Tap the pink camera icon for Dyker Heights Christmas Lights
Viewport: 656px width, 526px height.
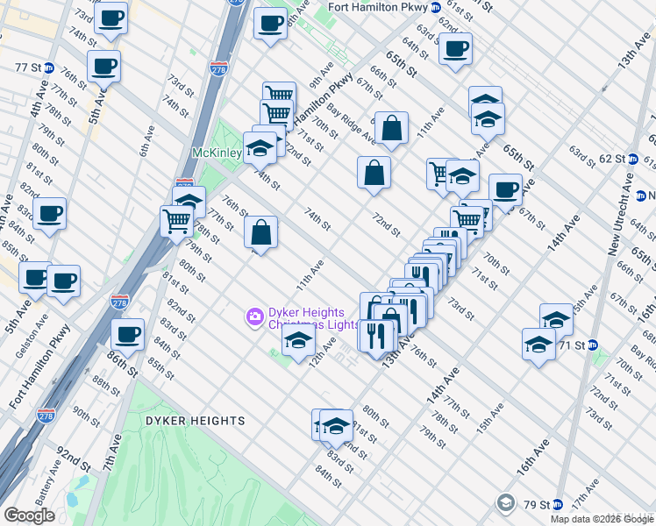click(254, 315)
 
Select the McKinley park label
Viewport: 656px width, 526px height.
click(217, 153)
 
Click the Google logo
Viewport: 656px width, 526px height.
click(30, 515)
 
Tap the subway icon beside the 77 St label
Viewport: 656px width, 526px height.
click(49, 68)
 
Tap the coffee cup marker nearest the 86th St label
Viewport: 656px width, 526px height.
click(128, 333)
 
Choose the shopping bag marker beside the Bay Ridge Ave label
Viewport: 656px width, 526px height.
click(392, 128)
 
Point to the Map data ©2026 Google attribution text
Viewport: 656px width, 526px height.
click(601, 519)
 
